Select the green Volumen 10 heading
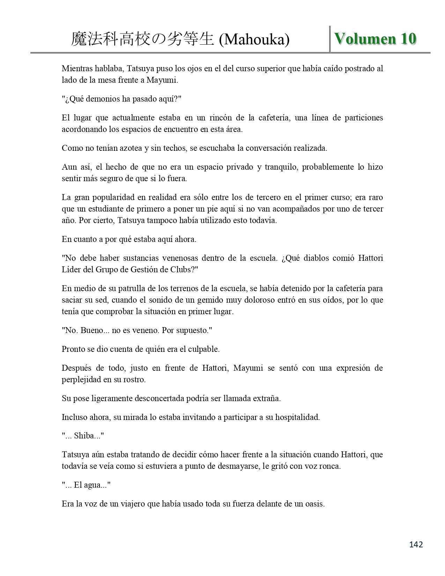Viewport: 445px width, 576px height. point(375,38)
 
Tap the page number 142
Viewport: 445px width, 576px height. point(415,545)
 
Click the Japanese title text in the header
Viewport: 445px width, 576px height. point(142,39)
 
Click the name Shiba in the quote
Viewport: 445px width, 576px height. point(84,436)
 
